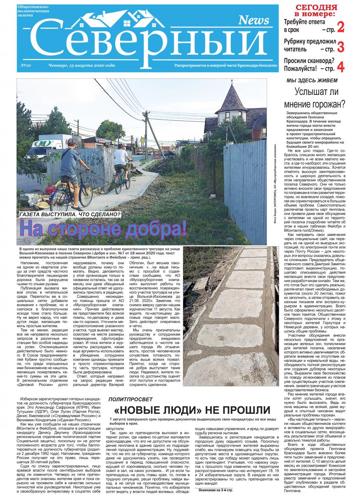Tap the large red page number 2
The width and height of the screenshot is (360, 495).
tap(341, 28)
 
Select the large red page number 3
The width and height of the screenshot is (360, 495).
tap(341, 47)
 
